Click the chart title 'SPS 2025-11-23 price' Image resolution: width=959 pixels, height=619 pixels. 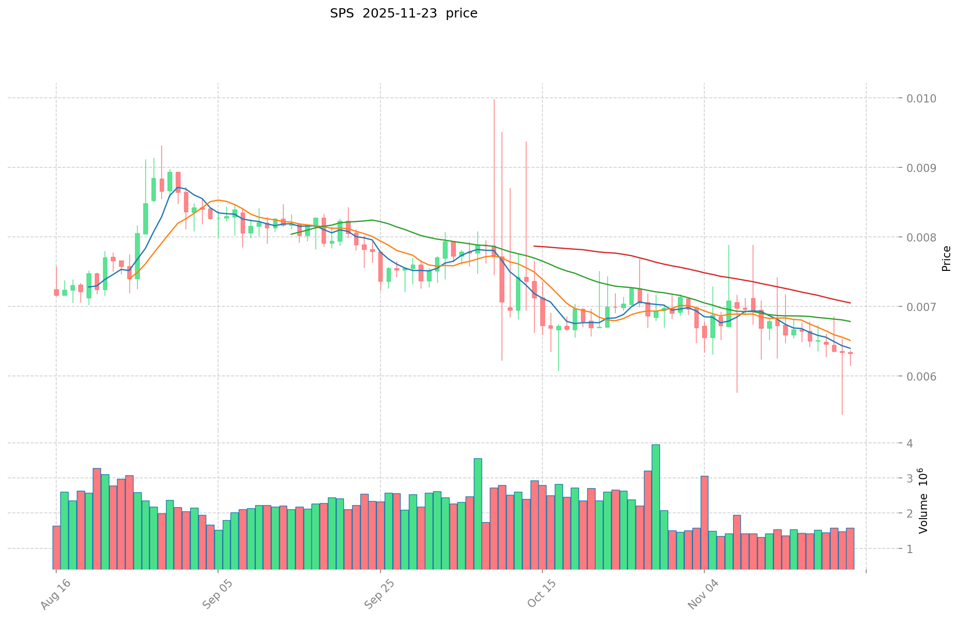point(403,13)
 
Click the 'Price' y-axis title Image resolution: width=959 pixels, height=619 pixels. point(946,258)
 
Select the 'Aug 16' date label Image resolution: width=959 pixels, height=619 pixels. point(54,595)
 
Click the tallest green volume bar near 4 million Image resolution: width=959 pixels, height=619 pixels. point(655,507)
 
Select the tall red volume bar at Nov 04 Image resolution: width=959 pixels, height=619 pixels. point(704,522)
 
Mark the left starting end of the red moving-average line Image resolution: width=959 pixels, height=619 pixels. point(534,246)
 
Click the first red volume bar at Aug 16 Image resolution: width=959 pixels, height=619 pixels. point(56,547)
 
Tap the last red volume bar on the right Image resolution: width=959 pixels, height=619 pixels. point(850,548)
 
